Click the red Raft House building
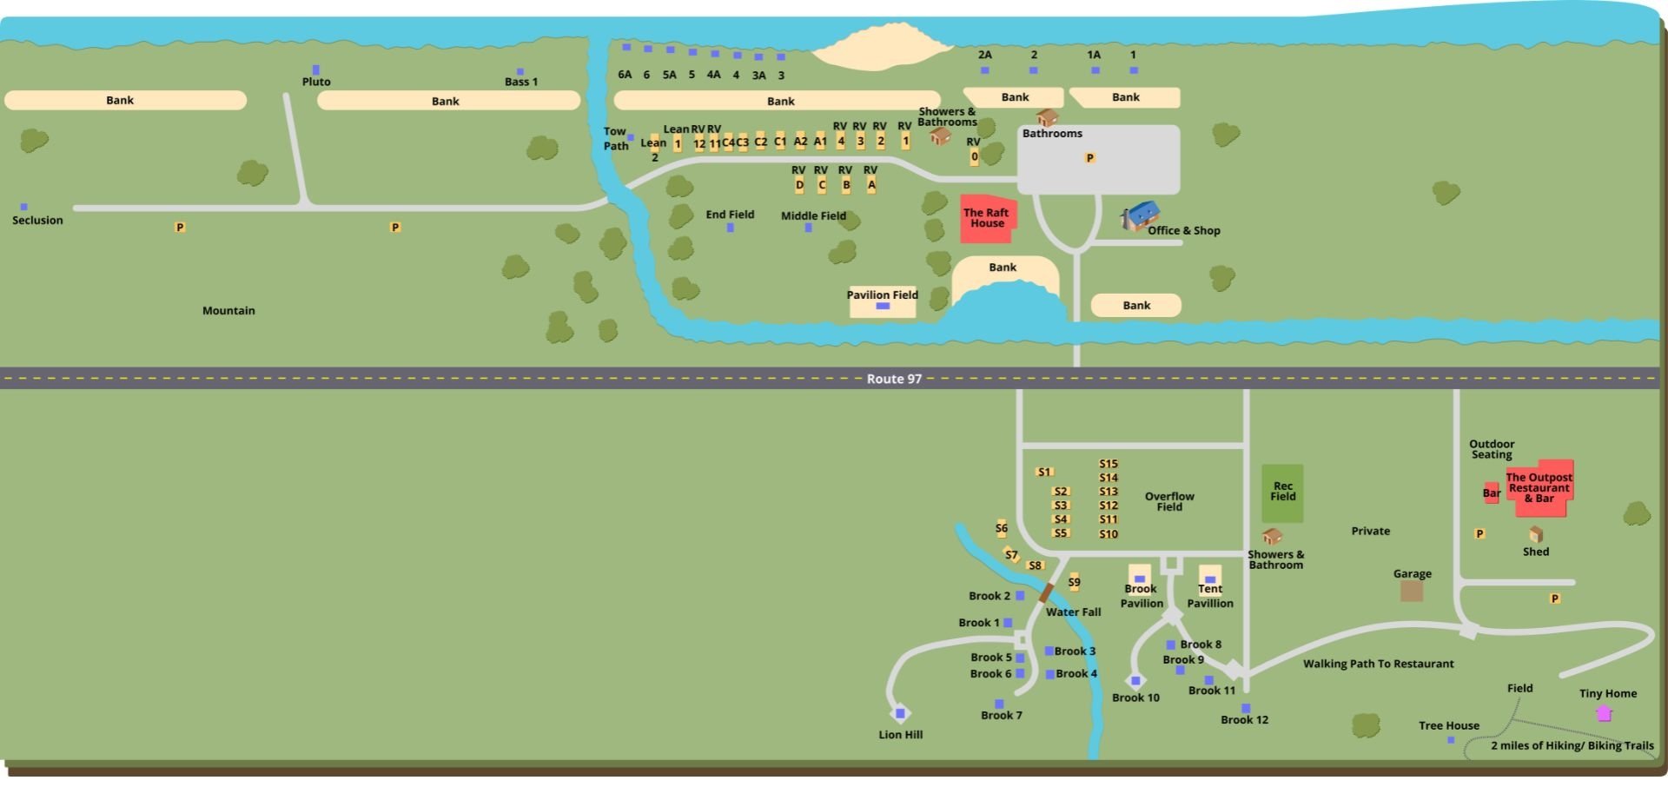[987, 218]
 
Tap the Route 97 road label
[894, 379]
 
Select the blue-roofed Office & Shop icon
[1141, 215]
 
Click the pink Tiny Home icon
[1604, 712]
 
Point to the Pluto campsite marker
[315, 69]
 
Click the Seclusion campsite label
[37, 221]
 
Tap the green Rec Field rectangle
[1282, 493]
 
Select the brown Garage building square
[1412, 592]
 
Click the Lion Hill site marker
[900, 713]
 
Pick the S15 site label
[1109, 464]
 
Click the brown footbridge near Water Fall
[1047, 593]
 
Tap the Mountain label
[228, 311]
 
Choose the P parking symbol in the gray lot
[1089, 158]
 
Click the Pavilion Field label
[882, 294]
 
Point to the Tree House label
[1448, 726]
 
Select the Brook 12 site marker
[1246, 708]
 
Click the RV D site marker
[799, 185]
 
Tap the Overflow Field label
[1168, 501]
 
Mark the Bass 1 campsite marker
[520, 72]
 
